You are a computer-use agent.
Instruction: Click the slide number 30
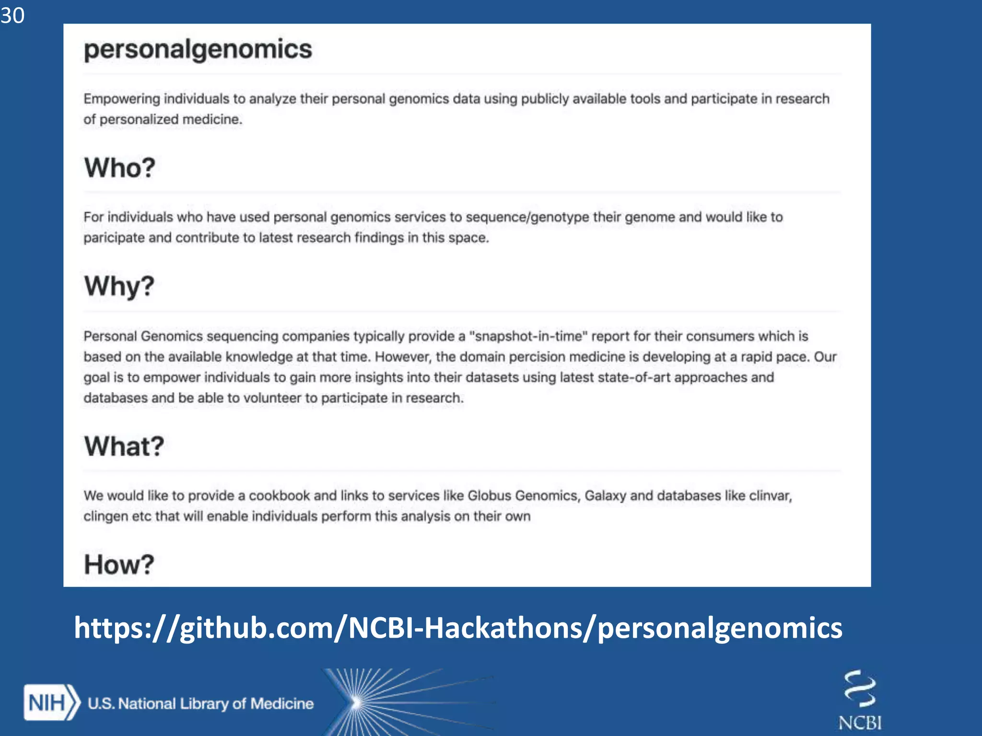coord(12,15)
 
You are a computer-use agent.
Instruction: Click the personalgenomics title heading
coord(198,49)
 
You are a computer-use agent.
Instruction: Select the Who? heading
coord(120,168)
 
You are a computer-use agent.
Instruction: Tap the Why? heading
coord(119,286)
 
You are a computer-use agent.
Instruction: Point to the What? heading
coord(124,446)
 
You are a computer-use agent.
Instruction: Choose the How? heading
coord(119,564)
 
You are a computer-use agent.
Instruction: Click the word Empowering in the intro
coord(122,99)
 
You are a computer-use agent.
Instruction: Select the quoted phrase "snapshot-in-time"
coord(528,336)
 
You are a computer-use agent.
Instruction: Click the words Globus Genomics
coord(523,495)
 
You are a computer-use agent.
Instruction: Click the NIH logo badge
coord(50,703)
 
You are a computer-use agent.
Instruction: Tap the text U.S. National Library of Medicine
coord(200,703)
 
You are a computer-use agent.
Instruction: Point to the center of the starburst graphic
coord(356,702)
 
